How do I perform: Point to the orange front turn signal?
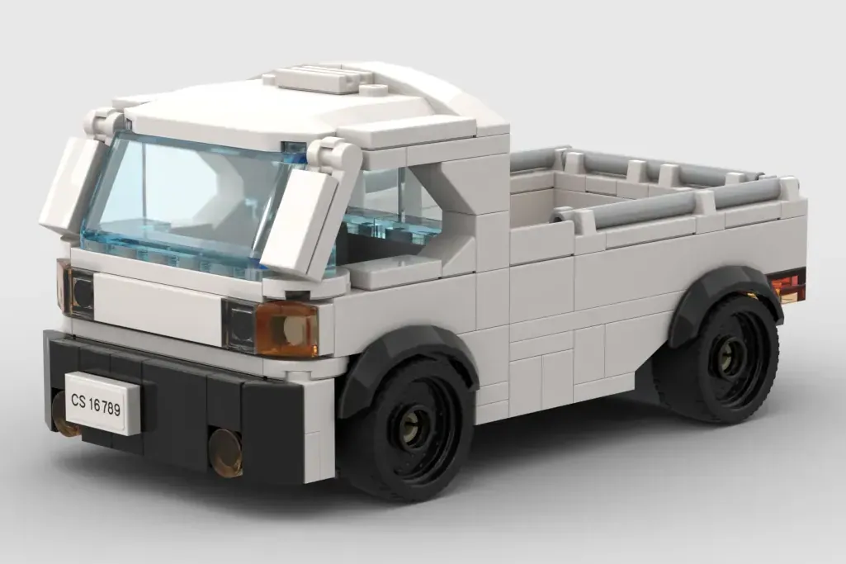click(x=286, y=329)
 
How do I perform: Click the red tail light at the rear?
click(x=790, y=283)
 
